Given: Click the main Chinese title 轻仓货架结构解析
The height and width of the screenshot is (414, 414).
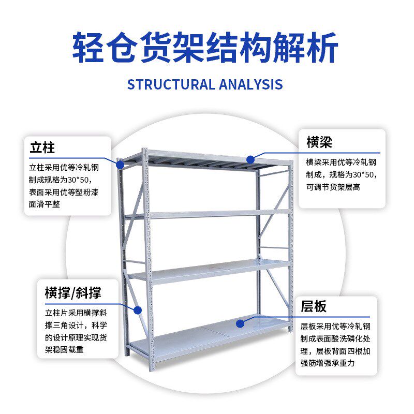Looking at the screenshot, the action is pos(205,48).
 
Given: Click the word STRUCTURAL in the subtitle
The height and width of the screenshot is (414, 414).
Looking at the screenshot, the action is pos(171,84).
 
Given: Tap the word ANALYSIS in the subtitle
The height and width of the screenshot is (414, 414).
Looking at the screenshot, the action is pos(251,84).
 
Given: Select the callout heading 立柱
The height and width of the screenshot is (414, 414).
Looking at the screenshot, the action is pos(42,147).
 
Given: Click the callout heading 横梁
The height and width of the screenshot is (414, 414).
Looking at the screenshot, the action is pos(319,142).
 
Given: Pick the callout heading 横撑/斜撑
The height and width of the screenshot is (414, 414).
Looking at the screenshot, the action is pos(73,293).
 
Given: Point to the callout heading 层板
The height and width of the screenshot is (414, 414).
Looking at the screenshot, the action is pos(314,306).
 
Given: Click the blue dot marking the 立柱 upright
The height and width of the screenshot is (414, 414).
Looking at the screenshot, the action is pos(120,165).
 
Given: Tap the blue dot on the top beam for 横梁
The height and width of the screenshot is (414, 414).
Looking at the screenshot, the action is pos(250,160).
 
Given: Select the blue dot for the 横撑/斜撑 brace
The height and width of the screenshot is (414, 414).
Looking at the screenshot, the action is pos(137,310).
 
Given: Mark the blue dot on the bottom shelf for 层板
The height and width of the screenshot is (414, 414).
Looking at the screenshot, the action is pos(240,323).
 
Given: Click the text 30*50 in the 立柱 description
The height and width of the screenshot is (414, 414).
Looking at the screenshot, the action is pos(79,180).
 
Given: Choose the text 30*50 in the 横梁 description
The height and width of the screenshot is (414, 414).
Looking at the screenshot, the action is pos(364,174).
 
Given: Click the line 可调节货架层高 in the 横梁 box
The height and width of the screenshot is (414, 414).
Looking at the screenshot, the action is pos(333,187).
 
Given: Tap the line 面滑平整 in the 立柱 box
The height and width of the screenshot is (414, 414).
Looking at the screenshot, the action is pos(45,204).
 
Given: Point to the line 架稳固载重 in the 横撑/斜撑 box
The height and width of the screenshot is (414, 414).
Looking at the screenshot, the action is pos(64,350).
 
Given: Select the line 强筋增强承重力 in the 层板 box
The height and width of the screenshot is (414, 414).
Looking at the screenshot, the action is pos(328,363).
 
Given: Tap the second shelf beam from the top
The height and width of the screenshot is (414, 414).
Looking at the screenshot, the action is pos(219,214).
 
